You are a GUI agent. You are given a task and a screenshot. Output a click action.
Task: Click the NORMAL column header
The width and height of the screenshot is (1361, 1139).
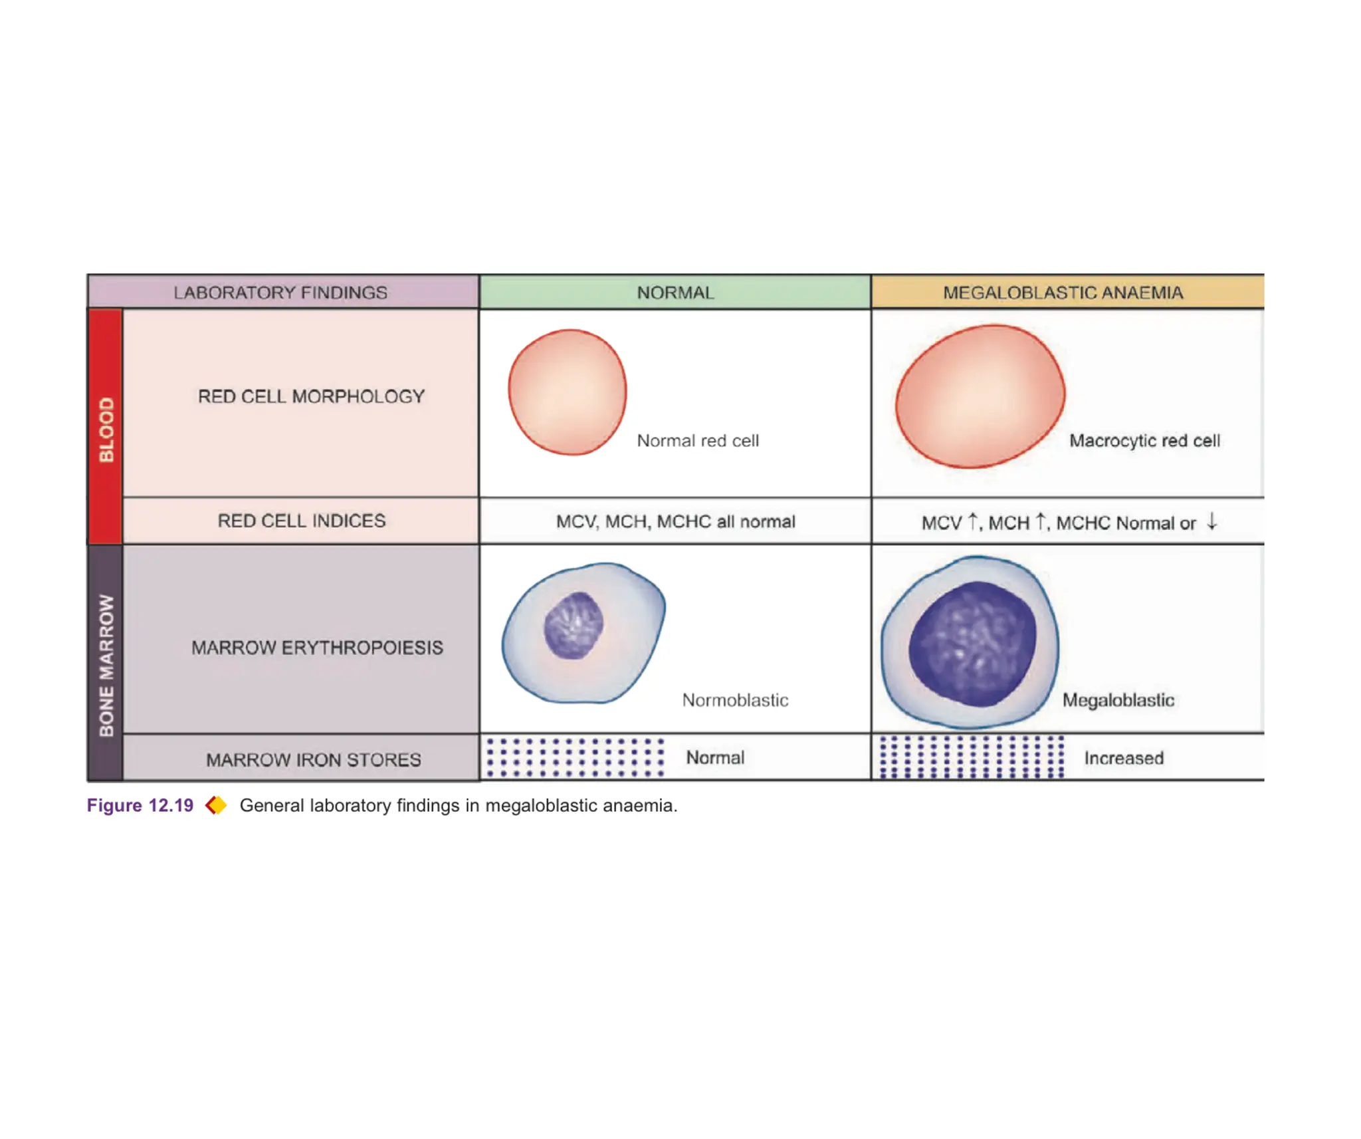[x=675, y=293]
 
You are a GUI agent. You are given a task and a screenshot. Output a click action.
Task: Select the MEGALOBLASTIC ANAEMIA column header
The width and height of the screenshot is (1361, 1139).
[x=1063, y=293]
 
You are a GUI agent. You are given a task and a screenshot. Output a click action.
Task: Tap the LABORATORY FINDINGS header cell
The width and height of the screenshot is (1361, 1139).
[x=280, y=293]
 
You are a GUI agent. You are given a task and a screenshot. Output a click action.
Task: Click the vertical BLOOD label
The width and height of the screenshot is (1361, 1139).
[x=106, y=430]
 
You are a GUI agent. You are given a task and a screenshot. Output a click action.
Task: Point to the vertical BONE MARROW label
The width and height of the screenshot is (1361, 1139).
[x=106, y=665]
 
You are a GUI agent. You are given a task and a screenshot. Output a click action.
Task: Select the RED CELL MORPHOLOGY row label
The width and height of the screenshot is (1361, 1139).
[x=311, y=396]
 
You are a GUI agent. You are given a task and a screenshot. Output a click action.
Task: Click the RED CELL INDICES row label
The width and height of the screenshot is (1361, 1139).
[x=302, y=521]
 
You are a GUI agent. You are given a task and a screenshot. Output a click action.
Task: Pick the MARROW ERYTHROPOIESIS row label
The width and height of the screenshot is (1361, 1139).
[x=317, y=648]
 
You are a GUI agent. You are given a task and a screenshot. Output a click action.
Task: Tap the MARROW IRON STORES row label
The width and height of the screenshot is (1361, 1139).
[x=314, y=759]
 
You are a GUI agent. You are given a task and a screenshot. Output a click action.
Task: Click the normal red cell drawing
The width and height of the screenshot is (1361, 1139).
[x=567, y=392]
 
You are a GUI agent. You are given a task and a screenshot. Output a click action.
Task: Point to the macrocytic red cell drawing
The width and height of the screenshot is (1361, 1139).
[x=980, y=396]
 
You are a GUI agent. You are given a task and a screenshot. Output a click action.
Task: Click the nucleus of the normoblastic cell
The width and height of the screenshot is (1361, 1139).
[x=574, y=625]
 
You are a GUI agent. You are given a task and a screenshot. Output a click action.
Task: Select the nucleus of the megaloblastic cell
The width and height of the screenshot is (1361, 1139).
[x=972, y=644]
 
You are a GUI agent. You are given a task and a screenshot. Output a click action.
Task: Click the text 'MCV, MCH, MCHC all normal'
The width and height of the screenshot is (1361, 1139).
[x=675, y=521]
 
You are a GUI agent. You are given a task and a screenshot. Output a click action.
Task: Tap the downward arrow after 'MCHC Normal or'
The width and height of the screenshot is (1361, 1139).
[x=1212, y=521]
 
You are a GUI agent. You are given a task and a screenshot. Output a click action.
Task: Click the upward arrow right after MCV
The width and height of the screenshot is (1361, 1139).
[x=973, y=521]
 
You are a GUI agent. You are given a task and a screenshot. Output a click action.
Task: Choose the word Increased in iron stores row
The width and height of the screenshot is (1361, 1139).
[x=1124, y=758]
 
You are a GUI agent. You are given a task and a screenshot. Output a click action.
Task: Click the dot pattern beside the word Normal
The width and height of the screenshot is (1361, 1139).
[x=575, y=757]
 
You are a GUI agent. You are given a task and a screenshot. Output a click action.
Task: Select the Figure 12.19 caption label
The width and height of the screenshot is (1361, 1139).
[x=140, y=805]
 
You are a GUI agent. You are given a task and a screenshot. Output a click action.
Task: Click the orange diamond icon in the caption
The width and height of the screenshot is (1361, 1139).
[x=216, y=805]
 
